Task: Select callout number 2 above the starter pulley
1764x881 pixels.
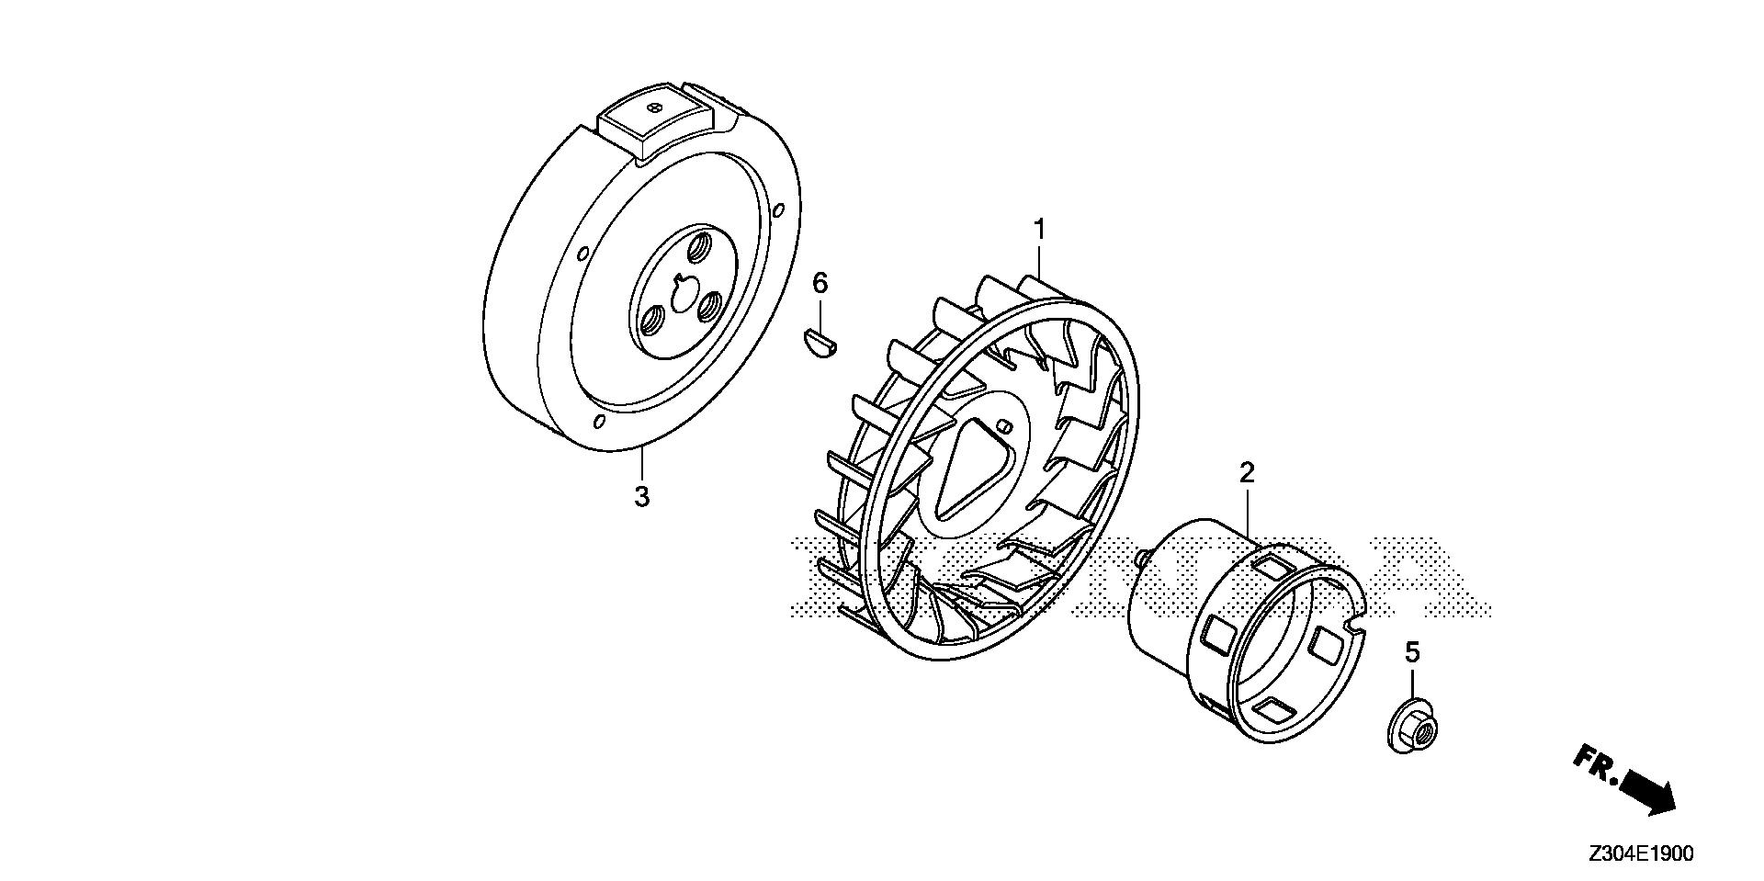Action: [1247, 473]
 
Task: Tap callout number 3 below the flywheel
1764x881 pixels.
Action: [641, 496]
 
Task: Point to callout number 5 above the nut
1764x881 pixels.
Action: [1412, 652]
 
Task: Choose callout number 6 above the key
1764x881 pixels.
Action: [820, 283]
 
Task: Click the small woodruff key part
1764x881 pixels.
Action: [817, 343]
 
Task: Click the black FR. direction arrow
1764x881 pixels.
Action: [1648, 791]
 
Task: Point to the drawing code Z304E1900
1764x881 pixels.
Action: [1640, 853]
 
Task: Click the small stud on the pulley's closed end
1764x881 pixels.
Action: [1139, 556]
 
